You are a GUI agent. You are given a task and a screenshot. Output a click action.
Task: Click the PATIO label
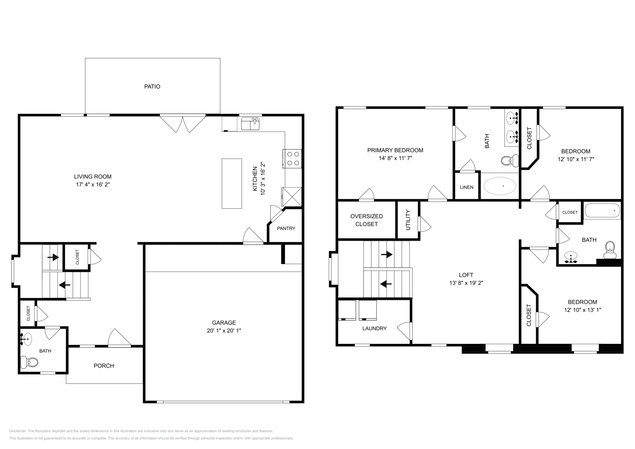(152, 86)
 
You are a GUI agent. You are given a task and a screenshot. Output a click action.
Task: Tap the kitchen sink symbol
(250, 124)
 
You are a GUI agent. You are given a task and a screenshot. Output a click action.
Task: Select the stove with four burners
(293, 158)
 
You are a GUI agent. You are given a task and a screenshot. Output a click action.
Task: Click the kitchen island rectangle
(232, 183)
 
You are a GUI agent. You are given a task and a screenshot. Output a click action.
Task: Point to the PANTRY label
(286, 228)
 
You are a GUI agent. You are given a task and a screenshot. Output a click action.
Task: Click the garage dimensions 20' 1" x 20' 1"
(224, 330)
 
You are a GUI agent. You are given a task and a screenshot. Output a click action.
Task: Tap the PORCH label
(104, 366)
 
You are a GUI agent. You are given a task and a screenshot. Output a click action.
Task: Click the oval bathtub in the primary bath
(500, 186)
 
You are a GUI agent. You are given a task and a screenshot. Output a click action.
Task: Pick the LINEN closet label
(466, 187)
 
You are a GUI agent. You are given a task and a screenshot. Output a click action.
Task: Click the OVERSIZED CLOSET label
(366, 220)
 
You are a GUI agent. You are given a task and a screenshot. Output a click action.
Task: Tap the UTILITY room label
(408, 220)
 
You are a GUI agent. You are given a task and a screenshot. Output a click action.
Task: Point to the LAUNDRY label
(374, 328)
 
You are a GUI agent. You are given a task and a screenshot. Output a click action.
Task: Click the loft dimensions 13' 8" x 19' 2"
(466, 283)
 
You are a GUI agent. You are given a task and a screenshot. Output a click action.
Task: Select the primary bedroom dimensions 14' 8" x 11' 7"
(395, 158)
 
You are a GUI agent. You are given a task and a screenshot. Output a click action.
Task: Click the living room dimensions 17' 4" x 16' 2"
(92, 184)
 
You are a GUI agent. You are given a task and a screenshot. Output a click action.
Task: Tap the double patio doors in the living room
(183, 123)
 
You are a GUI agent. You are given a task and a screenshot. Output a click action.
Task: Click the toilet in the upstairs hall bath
(610, 248)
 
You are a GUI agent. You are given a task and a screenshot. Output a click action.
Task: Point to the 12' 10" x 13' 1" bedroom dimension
(582, 310)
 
